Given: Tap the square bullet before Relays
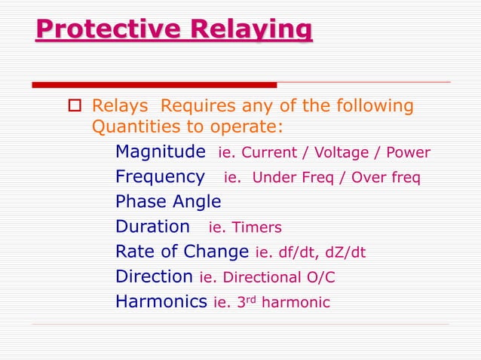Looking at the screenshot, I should [75, 106].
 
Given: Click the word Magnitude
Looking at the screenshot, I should [160, 152].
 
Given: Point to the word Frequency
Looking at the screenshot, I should [160, 177].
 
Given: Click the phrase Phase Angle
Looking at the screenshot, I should [168, 202].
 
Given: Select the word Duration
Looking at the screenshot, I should [152, 227].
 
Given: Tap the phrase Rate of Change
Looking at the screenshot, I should [182, 252].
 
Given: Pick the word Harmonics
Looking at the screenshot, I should [161, 301].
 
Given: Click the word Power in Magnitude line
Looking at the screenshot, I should [408, 153].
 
